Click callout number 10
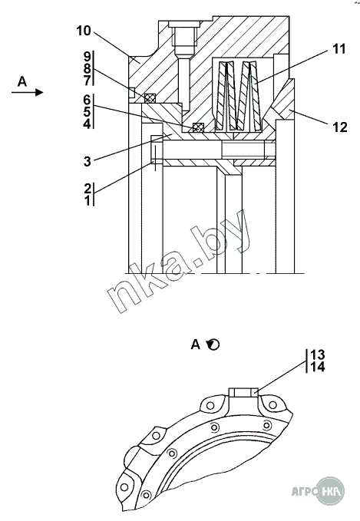pos(84,31)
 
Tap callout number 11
pos(339,49)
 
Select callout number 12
pos(340,127)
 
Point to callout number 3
pos(87,161)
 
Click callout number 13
pos(318,354)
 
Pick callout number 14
pos(318,368)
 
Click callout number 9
pos(87,57)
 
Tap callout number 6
pos(87,100)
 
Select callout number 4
pos(87,124)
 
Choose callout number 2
pos(88,189)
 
